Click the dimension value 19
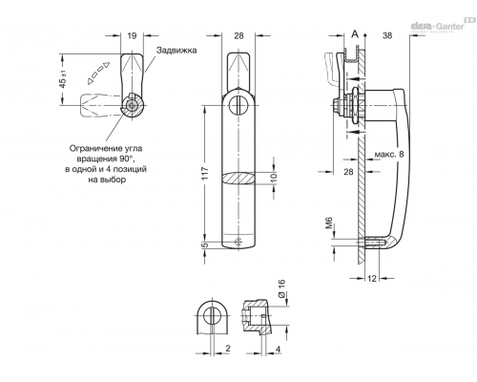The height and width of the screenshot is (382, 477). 132,35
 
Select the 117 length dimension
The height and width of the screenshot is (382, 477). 204,174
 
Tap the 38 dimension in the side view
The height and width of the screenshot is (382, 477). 387,35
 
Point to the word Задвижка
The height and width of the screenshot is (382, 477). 176,51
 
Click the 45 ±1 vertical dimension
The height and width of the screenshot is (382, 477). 63,79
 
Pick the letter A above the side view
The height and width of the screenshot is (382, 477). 355,34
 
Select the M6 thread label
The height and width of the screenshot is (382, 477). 328,223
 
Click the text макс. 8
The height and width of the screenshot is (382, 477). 389,155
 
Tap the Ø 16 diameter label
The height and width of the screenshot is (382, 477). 281,288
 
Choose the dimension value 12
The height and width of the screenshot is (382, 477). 372,279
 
